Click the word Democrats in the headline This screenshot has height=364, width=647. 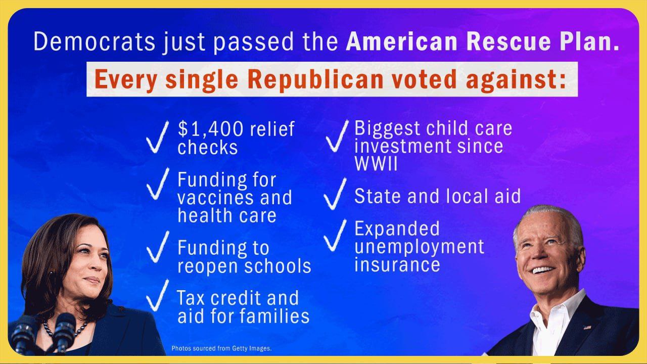coord(95,41)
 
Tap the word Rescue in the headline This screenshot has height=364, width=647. coord(509,41)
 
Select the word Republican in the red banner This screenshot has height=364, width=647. coord(315,79)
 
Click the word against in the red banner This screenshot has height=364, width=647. coord(516,79)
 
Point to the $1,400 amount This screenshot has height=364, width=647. coord(210,129)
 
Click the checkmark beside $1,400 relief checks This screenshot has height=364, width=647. coord(157,136)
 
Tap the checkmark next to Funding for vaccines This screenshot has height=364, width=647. coord(158,184)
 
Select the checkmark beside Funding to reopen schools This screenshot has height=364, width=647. coord(158,247)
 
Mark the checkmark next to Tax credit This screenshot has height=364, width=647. coord(157,295)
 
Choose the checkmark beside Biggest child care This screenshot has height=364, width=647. coord(337,136)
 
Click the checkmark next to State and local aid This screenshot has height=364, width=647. coord(335,194)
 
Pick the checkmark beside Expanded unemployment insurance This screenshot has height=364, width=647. coord(335,235)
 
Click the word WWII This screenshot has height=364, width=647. coord(376,164)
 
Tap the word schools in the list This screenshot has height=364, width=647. coord(278,266)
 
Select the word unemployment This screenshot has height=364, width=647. coord(419,247)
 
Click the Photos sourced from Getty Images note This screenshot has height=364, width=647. coord(221,348)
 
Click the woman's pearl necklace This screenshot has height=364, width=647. coord(65,329)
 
